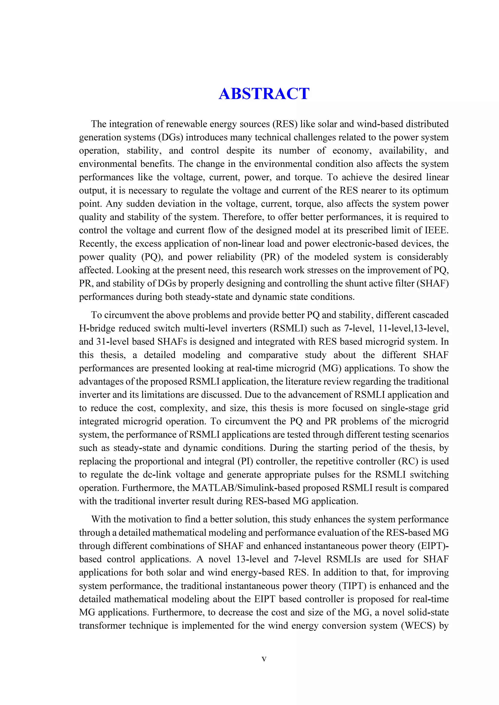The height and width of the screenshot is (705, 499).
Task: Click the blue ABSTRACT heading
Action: click(264, 94)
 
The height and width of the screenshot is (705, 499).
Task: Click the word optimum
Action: click(431, 190)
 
